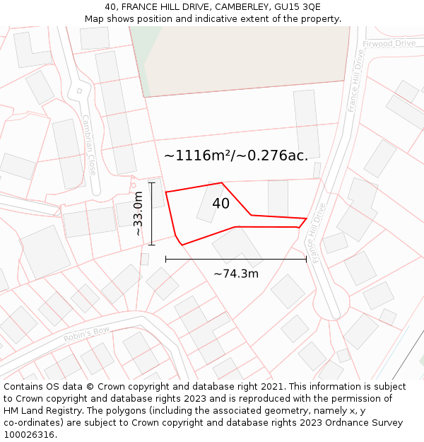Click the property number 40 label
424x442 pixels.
pyautogui.click(x=220, y=204)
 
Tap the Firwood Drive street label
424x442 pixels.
pyautogui.click(x=389, y=44)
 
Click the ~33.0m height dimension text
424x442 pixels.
pyautogui.click(x=139, y=214)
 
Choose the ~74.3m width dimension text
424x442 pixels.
pyautogui.click(x=236, y=274)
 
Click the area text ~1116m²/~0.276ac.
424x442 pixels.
pyautogui.click(x=236, y=156)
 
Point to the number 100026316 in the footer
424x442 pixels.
pyautogui.click(x=29, y=435)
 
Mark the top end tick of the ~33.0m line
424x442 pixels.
pyautogui.click(x=151, y=182)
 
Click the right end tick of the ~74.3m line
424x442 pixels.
pyautogui.click(x=306, y=260)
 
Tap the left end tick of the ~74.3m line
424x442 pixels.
pyautogui.click(x=166, y=260)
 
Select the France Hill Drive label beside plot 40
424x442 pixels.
pyautogui.click(x=316, y=233)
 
